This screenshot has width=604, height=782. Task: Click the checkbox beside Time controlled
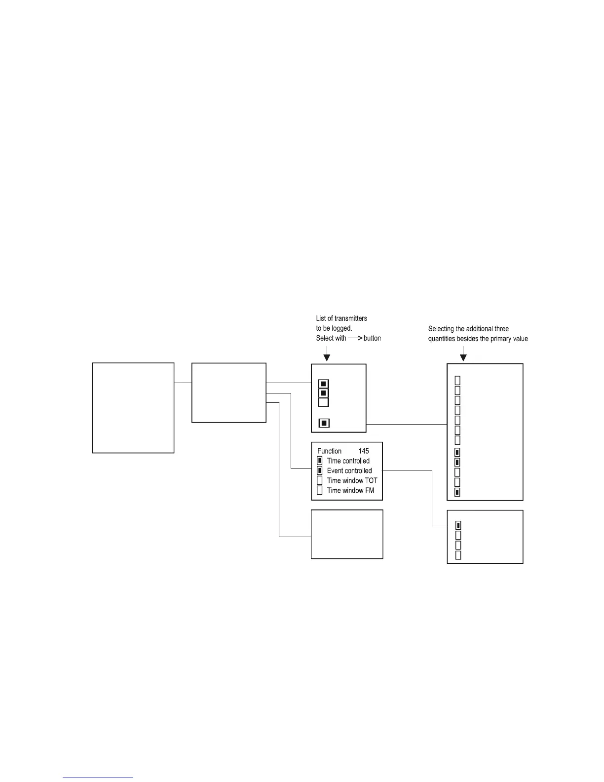pos(319,461)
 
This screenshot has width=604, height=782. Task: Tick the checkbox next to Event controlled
pos(319,470)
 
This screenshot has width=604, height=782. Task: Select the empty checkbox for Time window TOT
pos(319,480)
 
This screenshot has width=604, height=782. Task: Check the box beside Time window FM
pos(319,490)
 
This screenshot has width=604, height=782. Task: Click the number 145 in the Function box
pos(364,451)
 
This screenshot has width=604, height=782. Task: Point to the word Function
pos(329,451)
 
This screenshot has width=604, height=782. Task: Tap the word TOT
pos(371,480)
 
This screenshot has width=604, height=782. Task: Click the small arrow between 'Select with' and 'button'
pos(355,338)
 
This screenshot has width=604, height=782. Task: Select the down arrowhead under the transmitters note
pos(326,356)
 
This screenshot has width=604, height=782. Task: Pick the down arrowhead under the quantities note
pos(463,356)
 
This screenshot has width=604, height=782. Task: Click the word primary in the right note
pos(500,339)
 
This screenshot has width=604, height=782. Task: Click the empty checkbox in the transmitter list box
pos(323,402)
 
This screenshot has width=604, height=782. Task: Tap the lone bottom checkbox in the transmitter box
pos(324,423)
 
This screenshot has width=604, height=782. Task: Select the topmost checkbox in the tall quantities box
pos(457,380)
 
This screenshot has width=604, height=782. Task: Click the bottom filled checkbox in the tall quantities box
pos(457,492)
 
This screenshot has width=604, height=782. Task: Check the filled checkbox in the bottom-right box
pos(458,525)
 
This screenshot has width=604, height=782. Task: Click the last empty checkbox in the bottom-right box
pos(458,555)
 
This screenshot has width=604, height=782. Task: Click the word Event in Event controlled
pos(335,470)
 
